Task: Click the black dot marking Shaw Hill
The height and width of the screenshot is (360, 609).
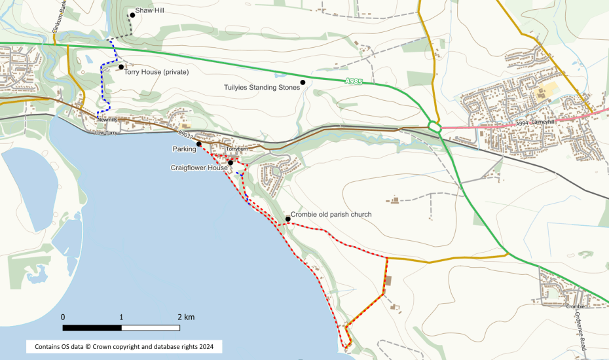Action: (132, 14)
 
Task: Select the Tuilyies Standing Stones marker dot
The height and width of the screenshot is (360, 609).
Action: (303, 82)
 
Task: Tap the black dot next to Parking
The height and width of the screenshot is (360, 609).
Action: (198, 143)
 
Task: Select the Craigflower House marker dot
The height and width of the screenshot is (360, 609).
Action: (231, 162)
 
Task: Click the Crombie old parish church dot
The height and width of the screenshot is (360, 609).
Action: (287, 219)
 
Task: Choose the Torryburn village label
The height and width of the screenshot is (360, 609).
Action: (234, 149)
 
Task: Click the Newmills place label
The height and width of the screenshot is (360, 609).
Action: (107, 120)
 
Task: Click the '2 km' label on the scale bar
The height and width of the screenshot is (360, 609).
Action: (185, 317)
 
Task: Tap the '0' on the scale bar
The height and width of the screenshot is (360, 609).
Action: (63, 317)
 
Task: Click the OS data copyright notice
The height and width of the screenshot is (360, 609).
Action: (124, 345)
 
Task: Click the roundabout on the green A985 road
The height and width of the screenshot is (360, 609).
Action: (433, 126)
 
